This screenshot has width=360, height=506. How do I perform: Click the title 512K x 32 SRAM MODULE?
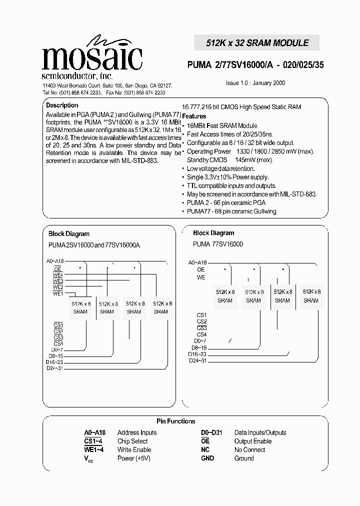point(257,43)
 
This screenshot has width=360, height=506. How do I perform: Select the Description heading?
point(62,105)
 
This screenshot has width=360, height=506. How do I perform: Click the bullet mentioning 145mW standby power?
point(230,160)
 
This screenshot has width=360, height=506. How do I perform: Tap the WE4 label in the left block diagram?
point(58,274)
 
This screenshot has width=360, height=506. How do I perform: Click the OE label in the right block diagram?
point(201,269)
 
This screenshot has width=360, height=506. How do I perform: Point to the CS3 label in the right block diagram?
point(201,328)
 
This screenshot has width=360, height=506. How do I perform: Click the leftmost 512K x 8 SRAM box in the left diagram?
point(80,307)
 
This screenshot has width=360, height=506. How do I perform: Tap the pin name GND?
point(207,458)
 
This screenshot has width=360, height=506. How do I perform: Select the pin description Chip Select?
point(132,441)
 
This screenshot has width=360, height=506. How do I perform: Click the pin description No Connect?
point(249,449)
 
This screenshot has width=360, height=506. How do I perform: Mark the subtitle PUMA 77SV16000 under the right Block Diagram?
point(218,244)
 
